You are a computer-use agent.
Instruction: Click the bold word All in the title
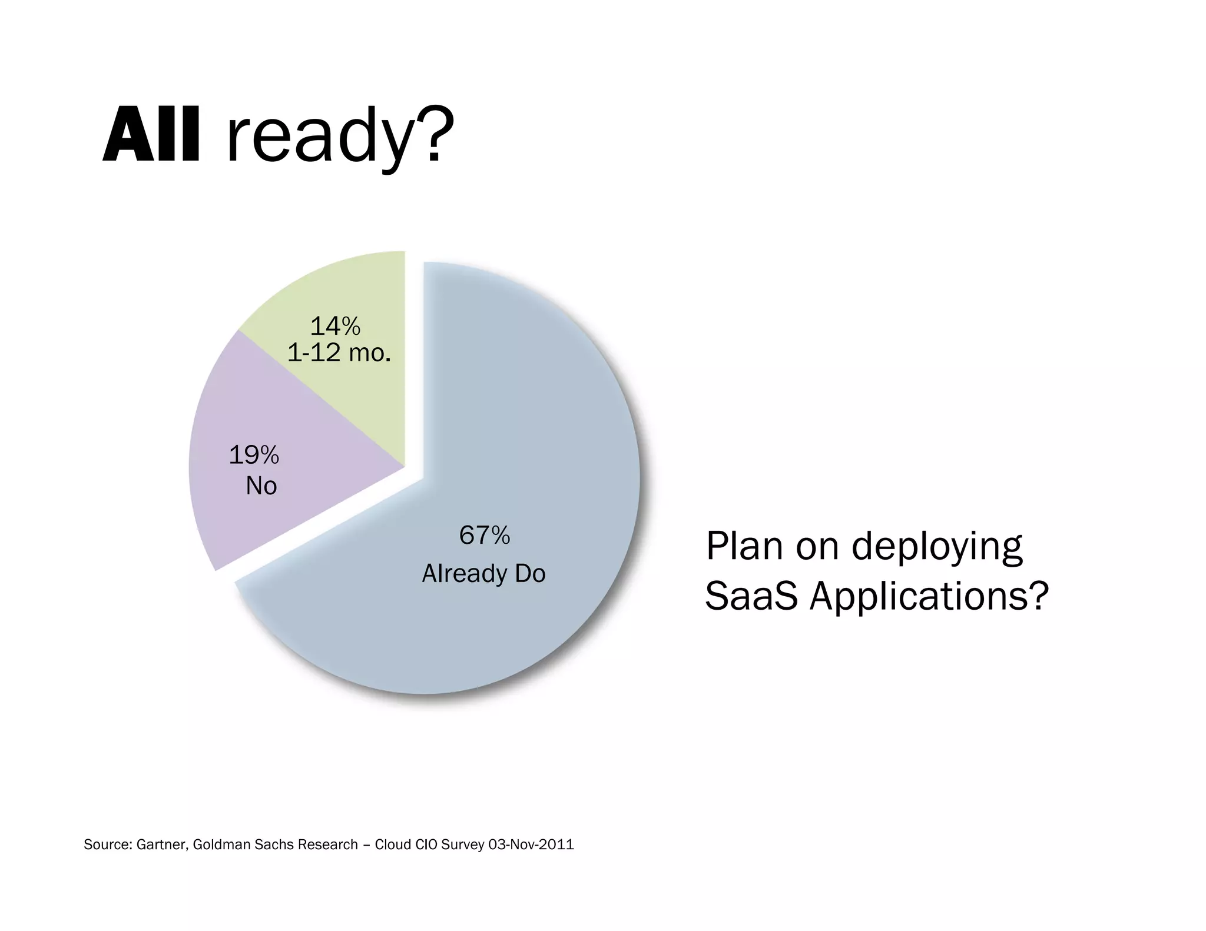[x=152, y=135]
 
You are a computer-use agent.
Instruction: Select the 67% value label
[x=484, y=536]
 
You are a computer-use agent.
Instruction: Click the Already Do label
[x=483, y=574]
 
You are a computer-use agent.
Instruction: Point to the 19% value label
[x=254, y=455]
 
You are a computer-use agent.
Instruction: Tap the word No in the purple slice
[x=261, y=486]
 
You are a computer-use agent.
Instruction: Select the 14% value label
[x=335, y=326]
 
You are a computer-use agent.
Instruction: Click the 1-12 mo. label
[x=339, y=353]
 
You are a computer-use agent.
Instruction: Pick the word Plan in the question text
[x=744, y=546]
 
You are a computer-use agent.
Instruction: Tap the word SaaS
[x=751, y=596]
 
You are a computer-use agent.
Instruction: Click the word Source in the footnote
[x=108, y=845]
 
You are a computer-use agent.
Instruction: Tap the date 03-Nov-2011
[x=531, y=845]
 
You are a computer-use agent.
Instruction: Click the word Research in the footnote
[x=327, y=845]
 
